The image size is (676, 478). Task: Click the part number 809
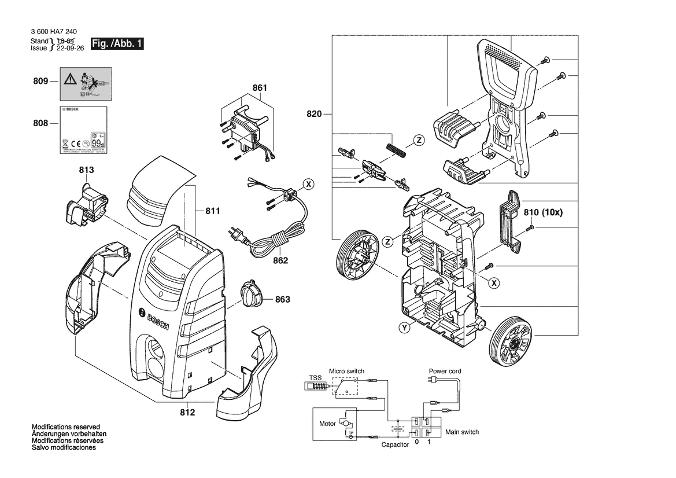pyautogui.click(x=40, y=82)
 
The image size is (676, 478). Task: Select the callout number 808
pyautogui.click(x=40, y=123)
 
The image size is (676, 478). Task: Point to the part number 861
pyautogui.click(x=260, y=88)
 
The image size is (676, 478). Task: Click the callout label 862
pyautogui.click(x=280, y=261)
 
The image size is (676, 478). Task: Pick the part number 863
pyautogui.click(x=282, y=300)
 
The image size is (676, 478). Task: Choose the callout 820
pyautogui.click(x=314, y=114)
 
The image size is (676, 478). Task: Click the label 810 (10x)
pyautogui.click(x=543, y=212)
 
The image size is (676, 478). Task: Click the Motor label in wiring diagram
pyautogui.click(x=327, y=424)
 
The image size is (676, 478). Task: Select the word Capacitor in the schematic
pyautogui.click(x=395, y=444)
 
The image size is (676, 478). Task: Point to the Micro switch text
pyautogui.click(x=346, y=371)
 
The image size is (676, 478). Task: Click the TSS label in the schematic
pyautogui.click(x=315, y=377)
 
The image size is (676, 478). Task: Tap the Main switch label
pyautogui.click(x=461, y=432)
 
